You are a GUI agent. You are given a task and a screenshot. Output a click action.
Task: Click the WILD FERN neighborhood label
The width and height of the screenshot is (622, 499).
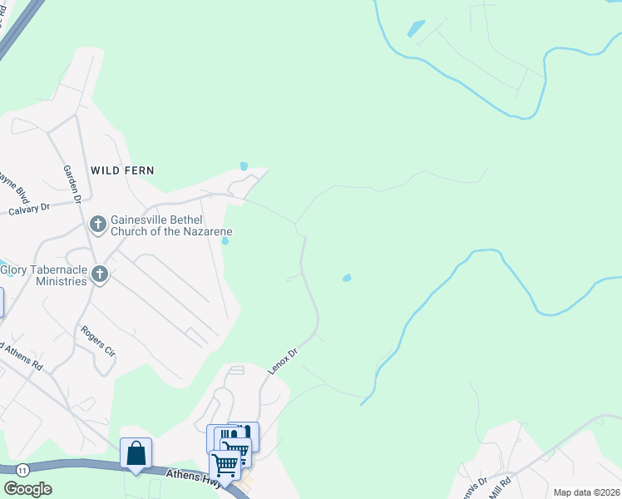123,170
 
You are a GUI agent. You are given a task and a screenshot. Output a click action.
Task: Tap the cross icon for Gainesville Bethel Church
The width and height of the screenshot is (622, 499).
97,224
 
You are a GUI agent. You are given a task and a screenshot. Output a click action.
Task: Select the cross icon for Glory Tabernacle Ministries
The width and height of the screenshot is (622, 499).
100,274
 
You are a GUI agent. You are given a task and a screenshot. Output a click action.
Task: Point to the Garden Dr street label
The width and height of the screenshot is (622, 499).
72,184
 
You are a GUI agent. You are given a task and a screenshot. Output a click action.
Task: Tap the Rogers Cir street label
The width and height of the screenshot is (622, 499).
97,341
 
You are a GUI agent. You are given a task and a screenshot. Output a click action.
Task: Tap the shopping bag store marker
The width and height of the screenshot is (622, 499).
136,453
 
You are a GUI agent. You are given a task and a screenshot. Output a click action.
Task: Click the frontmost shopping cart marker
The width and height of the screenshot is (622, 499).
225,465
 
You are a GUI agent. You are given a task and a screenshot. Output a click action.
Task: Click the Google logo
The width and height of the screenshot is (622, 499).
27,489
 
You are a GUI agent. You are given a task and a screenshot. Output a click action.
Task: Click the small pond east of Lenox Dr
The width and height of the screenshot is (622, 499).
346,278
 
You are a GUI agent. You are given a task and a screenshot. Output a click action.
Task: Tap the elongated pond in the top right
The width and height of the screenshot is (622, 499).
416,28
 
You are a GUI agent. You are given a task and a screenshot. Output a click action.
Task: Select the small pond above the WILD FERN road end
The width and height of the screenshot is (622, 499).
244,166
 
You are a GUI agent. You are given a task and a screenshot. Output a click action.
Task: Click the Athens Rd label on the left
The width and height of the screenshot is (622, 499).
22,353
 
